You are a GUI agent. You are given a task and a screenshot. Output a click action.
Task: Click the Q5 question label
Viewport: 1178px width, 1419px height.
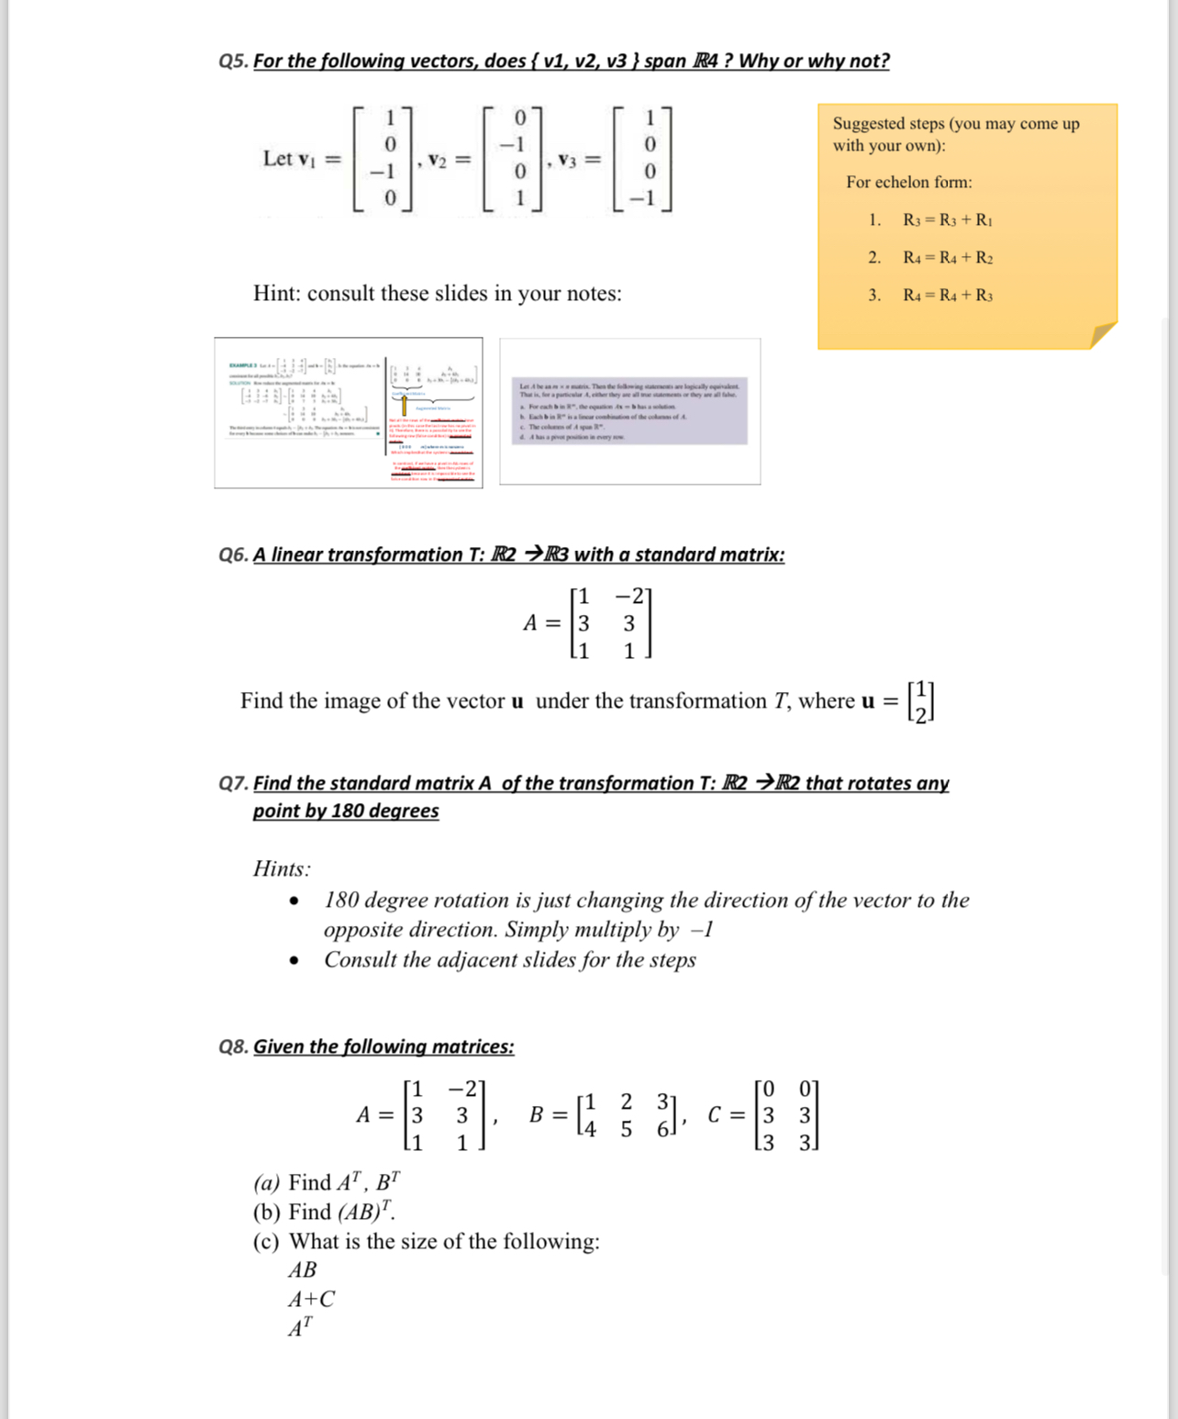click(233, 61)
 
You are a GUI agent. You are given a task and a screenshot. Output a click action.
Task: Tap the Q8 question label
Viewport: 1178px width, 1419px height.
click(233, 1047)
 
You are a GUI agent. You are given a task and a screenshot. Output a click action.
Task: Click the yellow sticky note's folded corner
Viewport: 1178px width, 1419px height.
click(1102, 335)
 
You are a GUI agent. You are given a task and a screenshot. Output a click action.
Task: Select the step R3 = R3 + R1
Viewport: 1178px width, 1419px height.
click(947, 220)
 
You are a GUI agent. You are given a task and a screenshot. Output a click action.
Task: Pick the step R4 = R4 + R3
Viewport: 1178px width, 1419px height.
click(947, 296)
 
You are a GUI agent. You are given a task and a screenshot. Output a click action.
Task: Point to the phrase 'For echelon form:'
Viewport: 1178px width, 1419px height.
click(908, 183)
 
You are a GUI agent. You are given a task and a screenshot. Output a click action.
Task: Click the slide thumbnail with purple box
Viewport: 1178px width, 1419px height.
click(629, 411)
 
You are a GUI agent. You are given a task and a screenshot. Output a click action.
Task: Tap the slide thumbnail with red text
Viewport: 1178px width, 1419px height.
click(349, 413)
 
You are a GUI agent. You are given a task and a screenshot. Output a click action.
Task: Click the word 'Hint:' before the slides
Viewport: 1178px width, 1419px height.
click(277, 294)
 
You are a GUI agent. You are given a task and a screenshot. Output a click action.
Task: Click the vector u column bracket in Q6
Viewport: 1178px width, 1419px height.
click(920, 702)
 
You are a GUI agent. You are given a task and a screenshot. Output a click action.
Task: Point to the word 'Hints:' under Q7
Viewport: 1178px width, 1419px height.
click(282, 869)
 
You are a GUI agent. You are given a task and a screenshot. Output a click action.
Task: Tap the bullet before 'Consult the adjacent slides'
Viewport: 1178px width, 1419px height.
click(294, 961)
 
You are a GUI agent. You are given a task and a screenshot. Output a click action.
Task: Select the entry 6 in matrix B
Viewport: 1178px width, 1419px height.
click(662, 1130)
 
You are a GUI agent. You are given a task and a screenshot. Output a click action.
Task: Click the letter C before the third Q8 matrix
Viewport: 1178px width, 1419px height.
click(715, 1115)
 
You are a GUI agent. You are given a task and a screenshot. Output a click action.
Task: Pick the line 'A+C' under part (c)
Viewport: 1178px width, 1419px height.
click(312, 1300)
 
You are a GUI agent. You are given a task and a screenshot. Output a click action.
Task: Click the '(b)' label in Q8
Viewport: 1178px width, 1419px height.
click(266, 1212)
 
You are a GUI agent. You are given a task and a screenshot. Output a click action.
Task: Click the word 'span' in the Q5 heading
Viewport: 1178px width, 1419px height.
click(665, 61)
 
